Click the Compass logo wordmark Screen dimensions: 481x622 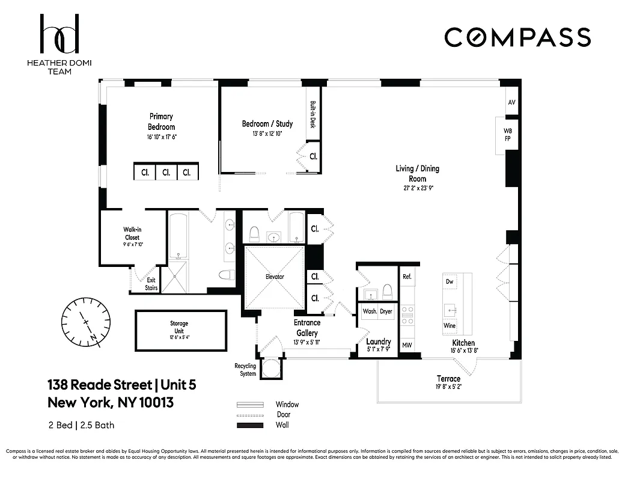[517, 37]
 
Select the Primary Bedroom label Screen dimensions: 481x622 [161, 122]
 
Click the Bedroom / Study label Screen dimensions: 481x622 [267, 124]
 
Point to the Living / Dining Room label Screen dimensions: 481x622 [417, 174]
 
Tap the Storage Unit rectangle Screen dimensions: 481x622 [180, 330]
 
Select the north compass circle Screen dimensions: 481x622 [87, 323]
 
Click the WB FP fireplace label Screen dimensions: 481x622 [508, 134]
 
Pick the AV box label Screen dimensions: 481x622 [511, 103]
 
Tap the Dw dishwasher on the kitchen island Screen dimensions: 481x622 [450, 281]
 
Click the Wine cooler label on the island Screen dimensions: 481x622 [450, 325]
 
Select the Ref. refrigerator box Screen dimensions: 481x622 [407, 277]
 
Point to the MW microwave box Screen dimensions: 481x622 [407, 345]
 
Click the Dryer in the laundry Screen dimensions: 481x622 [386, 311]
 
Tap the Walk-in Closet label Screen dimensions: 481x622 [132, 233]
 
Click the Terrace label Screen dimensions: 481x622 [448, 379]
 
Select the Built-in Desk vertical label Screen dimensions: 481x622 [313, 114]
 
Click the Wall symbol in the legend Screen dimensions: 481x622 [250, 426]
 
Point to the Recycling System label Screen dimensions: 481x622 [245, 370]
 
